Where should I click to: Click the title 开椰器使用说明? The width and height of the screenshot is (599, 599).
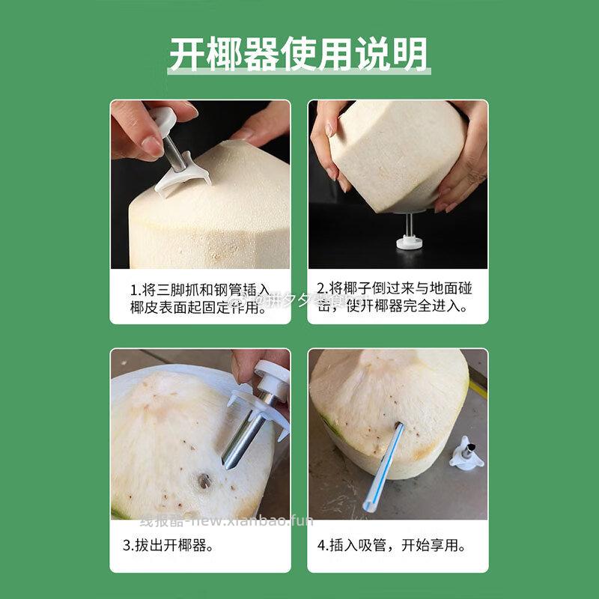[x=299, y=54]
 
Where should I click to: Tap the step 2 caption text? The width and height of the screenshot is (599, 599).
[x=395, y=297]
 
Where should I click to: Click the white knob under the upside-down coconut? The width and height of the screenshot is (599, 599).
[x=409, y=241]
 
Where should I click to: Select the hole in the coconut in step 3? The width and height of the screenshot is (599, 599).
[x=204, y=481]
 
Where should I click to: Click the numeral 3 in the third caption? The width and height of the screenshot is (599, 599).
[x=127, y=545]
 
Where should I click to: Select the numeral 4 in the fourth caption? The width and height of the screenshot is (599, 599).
[x=321, y=545]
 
